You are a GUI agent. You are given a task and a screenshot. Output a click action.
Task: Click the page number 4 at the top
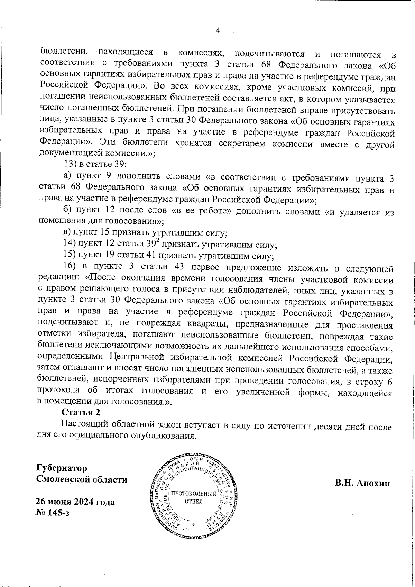(218, 31)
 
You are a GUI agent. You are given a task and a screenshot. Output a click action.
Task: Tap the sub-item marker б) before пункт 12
(68, 211)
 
